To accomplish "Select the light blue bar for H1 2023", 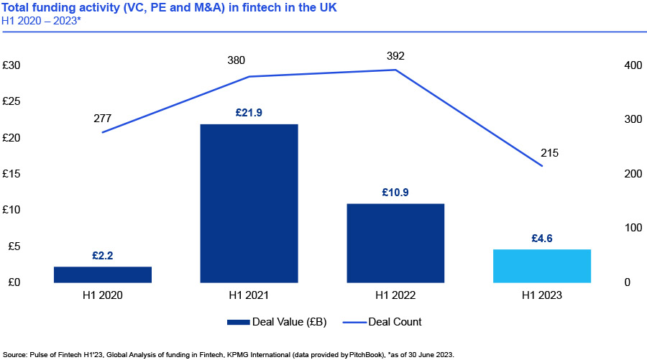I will (x=541, y=266).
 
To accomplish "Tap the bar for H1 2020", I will (x=103, y=274).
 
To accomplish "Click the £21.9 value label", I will (x=249, y=113).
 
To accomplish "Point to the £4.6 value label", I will (x=541, y=239).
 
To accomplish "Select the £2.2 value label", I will (x=103, y=255).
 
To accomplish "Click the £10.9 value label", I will (x=395, y=193).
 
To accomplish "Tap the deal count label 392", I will (x=395, y=54).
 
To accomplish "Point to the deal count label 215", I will (x=549, y=153).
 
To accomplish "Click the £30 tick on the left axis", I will (x=12, y=65).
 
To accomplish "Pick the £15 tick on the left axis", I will (x=12, y=174).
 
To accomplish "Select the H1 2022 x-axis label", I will (x=395, y=295).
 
